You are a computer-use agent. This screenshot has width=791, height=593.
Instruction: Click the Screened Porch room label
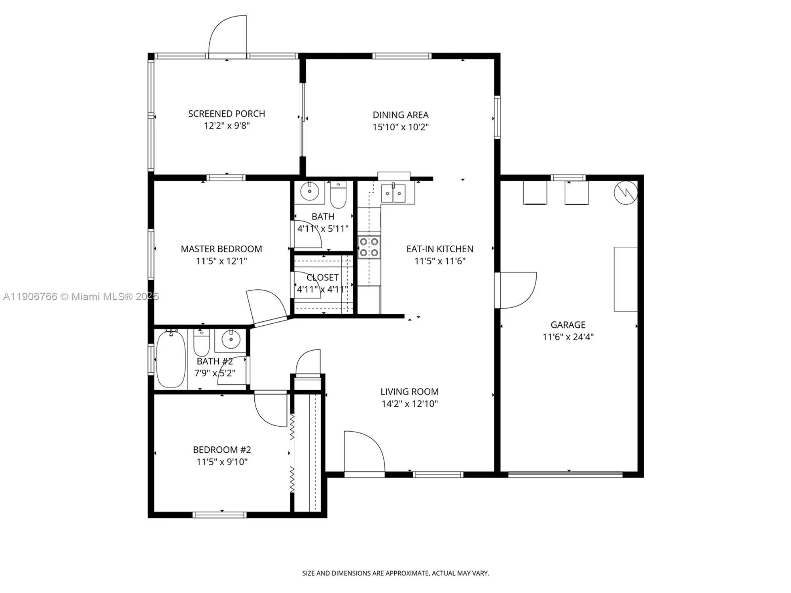pyautogui.click(x=227, y=114)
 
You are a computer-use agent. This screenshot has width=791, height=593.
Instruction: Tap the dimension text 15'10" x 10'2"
pyautogui.click(x=400, y=127)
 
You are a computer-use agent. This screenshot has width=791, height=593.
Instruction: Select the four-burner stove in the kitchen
pyautogui.click(x=369, y=247)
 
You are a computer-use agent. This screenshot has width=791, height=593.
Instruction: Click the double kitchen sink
pyautogui.click(x=393, y=194)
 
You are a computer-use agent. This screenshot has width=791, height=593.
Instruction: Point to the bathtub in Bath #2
pyautogui.click(x=171, y=359)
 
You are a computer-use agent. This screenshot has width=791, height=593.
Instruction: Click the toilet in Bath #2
pyautogui.click(x=201, y=344)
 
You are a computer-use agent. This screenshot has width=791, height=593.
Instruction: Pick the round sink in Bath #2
pyautogui.click(x=231, y=339)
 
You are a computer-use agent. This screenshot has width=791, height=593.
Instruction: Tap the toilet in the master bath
pyautogui.click(x=338, y=196)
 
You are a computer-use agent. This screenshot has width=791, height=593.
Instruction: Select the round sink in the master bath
pyautogui.click(x=310, y=192)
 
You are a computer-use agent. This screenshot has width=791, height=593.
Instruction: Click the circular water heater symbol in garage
pyautogui.click(x=626, y=193)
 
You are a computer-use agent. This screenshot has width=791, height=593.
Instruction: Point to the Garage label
pyautogui.click(x=568, y=325)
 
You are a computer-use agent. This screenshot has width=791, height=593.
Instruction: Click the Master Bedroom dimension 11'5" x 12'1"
pyautogui.click(x=221, y=261)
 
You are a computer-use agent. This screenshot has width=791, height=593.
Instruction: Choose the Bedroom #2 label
pyautogui.click(x=222, y=450)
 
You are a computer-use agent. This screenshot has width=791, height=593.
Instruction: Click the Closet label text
pyautogui.click(x=322, y=278)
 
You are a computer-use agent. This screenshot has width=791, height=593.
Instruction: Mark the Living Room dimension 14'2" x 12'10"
pyautogui.click(x=409, y=404)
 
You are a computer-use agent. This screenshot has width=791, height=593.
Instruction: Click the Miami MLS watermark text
pyautogui.click(x=81, y=296)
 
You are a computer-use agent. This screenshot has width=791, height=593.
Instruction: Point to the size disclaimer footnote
pyautogui.click(x=395, y=573)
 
